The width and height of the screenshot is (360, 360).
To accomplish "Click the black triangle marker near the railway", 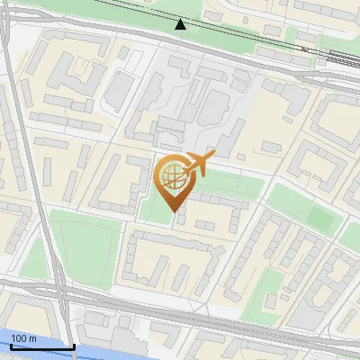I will (181, 24).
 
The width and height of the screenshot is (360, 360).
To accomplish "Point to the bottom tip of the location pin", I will (175, 212).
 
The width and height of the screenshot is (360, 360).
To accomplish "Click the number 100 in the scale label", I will (19, 338).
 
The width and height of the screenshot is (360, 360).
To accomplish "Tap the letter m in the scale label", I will (33, 338).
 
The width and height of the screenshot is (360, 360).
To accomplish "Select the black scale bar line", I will (42, 346).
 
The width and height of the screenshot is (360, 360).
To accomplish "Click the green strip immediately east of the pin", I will (229, 186).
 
